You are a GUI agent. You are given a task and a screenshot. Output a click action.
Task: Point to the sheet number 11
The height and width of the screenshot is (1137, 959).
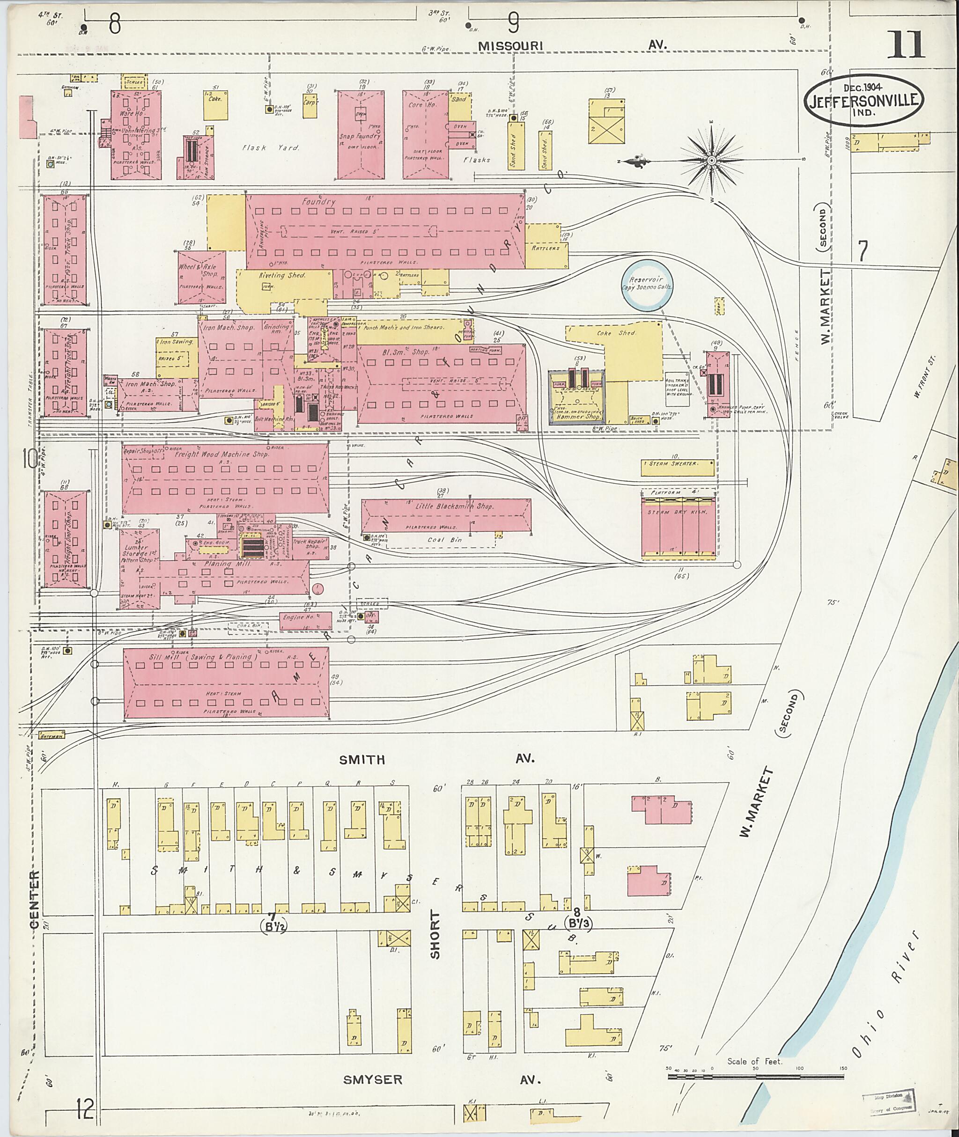pyautogui.click(x=905, y=45)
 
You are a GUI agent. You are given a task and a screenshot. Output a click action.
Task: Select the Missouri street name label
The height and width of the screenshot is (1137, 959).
pyautogui.click(x=510, y=46)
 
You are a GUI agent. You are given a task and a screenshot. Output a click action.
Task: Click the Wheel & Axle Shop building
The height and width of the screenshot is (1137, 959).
pyautogui.click(x=202, y=277)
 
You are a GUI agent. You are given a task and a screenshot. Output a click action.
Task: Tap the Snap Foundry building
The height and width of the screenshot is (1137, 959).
pyautogui.click(x=361, y=135)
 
